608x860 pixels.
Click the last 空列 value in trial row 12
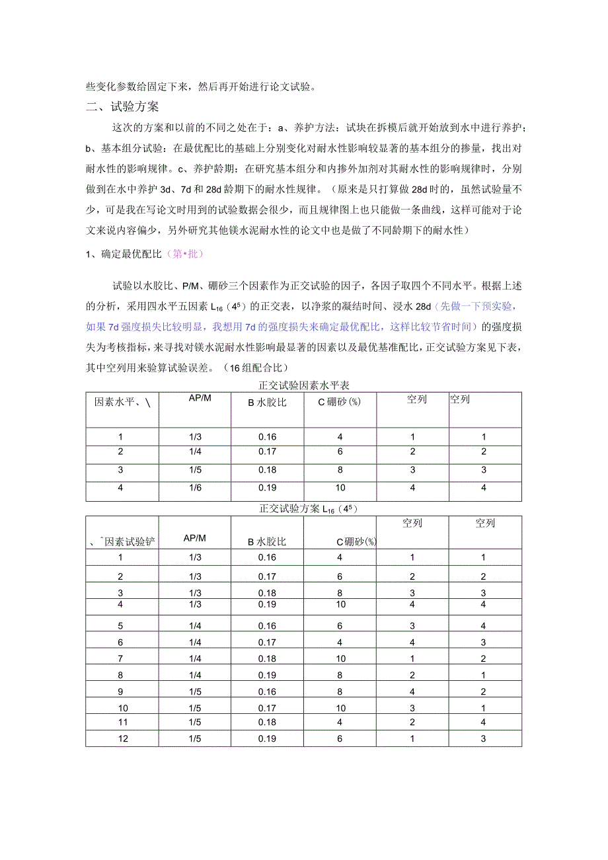484,738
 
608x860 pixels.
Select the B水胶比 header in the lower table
267,542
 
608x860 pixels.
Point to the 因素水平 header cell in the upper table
123,402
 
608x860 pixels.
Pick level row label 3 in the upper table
121,470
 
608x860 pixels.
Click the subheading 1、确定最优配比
124,254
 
